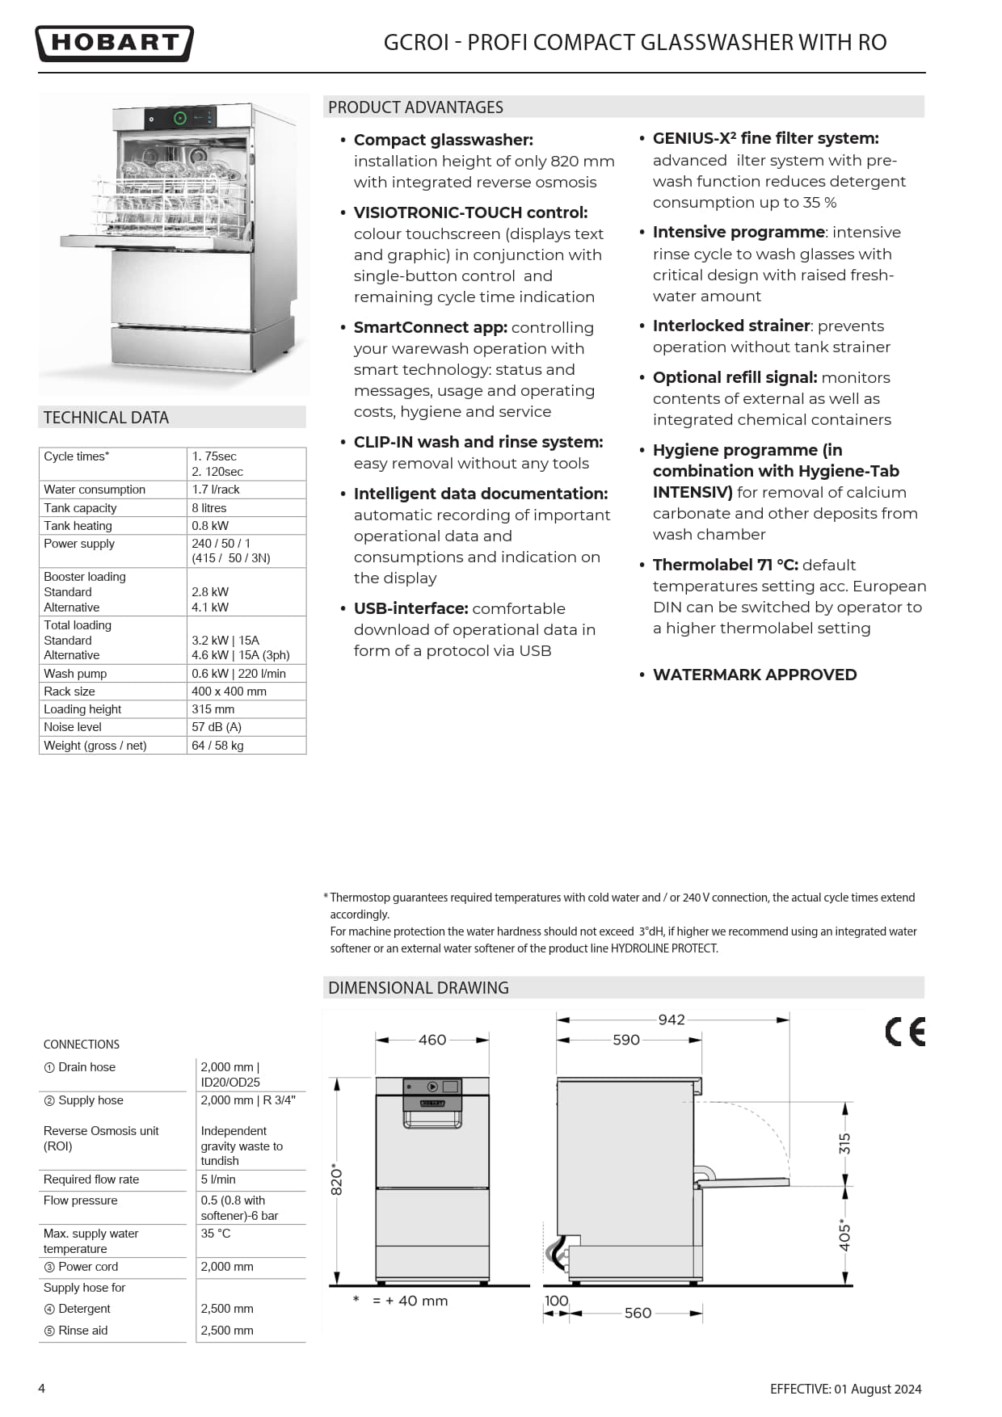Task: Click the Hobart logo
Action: (114, 44)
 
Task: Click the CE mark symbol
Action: (904, 1032)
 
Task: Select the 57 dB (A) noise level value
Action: (217, 727)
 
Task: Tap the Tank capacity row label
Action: (80, 508)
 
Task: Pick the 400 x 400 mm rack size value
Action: (229, 692)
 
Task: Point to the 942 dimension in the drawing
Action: (672, 1020)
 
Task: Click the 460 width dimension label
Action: (432, 1040)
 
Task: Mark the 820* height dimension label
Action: (337, 1180)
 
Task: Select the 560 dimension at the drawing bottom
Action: (638, 1313)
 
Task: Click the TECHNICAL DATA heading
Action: (106, 418)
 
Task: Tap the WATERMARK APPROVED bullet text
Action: (754, 675)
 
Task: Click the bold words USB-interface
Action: (410, 608)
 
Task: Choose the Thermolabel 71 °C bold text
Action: (725, 565)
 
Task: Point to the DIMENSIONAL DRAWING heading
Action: (418, 987)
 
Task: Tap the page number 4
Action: (42, 1388)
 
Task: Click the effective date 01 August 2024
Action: (878, 1389)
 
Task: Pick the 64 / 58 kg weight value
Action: (217, 746)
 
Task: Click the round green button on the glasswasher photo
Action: (180, 118)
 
